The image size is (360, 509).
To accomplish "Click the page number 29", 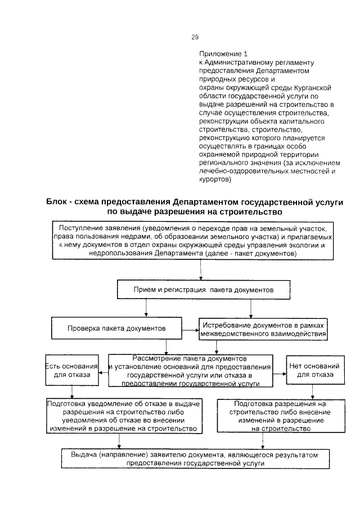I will click(x=195, y=37).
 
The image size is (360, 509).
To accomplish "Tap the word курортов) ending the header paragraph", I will click(x=215, y=181).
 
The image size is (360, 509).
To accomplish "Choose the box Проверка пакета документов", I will click(x=116, y=328).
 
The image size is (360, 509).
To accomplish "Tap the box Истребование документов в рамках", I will click(x=263, y=328).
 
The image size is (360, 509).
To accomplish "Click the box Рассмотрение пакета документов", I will click(x=190, y=371).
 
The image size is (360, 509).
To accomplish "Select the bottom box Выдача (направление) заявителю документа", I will click(x=194, y=459).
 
